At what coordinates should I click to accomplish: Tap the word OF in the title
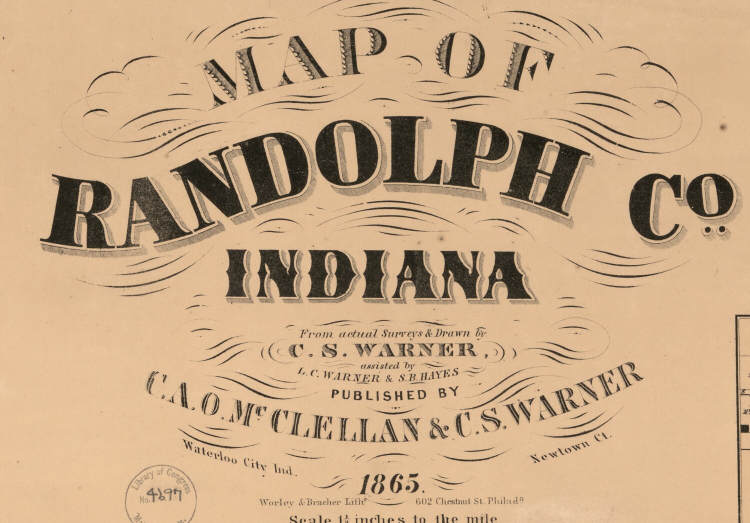pos(480,67)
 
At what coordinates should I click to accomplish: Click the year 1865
pos(389,484)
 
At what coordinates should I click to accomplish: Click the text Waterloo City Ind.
pos(239,458)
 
